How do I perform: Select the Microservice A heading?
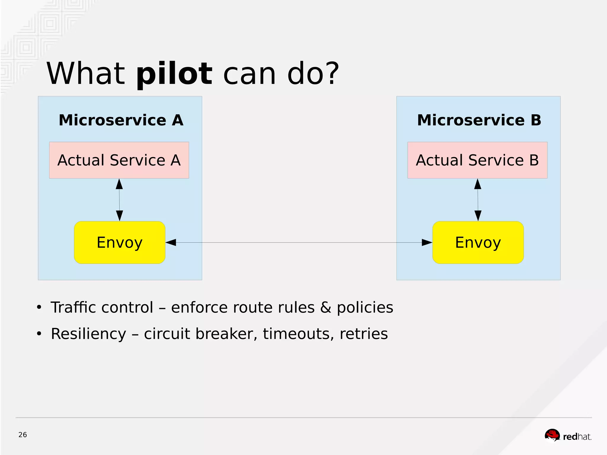pos(121,120)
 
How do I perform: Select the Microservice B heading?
pos(479,120)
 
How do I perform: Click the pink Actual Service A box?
pos(119,160)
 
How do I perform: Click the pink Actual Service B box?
pos(477,160)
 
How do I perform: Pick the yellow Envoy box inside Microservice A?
pos(119,242)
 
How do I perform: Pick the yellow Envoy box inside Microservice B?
pos(478,242)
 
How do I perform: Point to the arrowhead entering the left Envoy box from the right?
pos(171,242)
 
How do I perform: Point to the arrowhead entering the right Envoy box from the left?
pos(427,242)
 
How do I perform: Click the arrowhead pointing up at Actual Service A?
pos(119,184)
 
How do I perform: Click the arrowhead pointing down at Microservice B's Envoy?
pos(478,215)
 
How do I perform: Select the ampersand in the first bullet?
pos(325,307)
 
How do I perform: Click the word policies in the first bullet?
pos(365,307)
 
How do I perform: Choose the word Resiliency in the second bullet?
pos(88,334)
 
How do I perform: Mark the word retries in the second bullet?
pos(363,334)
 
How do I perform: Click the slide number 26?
pos(23,435)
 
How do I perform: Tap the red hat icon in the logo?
pos(552,435)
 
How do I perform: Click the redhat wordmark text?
pos(577,437)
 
